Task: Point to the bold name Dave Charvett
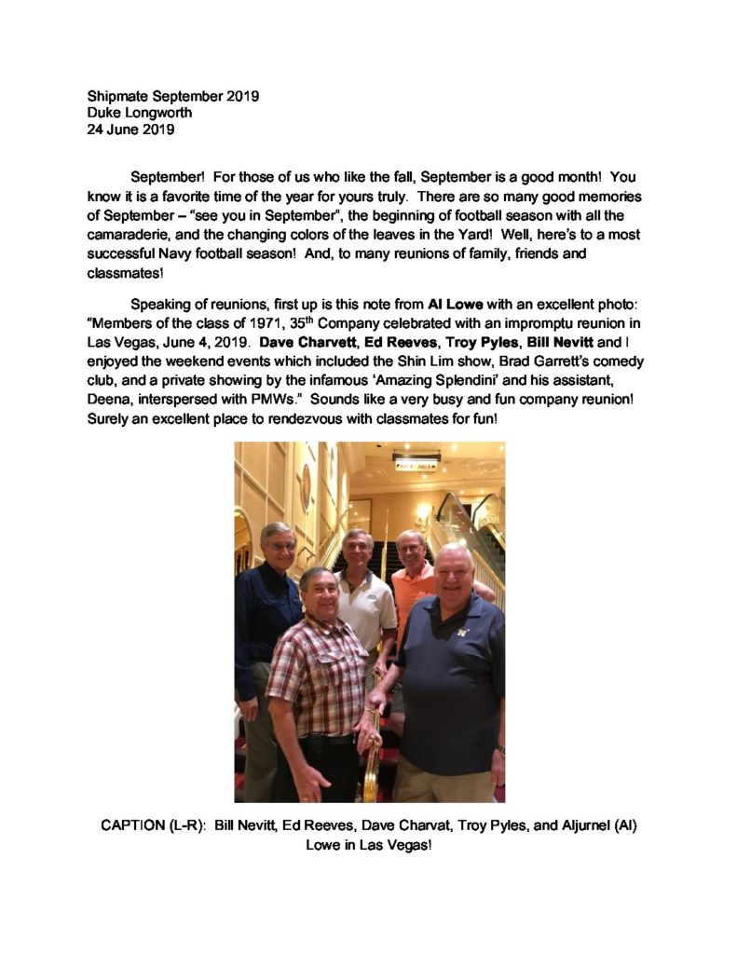pyautogui.click(x=307, y=342)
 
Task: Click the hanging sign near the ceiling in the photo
pyautogui.click(x=416, y=462)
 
